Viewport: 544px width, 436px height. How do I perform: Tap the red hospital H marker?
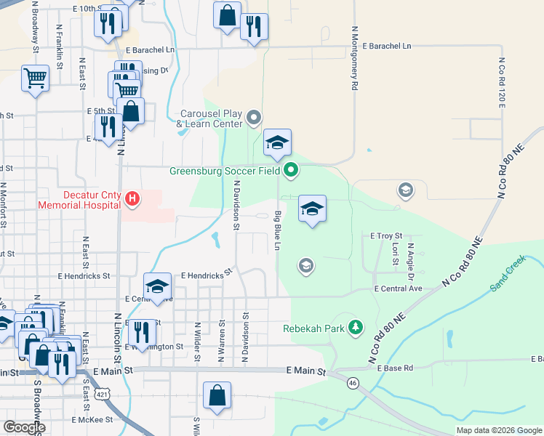pos(132,198)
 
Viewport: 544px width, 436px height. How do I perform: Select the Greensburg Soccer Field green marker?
pos(291,171)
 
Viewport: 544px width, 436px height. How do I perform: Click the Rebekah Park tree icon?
pos(356,328)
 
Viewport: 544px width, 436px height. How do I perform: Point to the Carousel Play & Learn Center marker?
pos(254,117)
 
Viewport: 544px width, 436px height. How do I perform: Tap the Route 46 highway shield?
pos(353,382)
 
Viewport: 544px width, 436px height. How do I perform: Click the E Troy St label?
pos(386,236)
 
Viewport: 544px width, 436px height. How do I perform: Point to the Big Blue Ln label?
pos(277,231)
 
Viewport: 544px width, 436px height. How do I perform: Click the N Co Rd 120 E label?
pos(501,84)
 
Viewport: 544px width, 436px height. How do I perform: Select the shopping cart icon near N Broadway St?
pos(35,77)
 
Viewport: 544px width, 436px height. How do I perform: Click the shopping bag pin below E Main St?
pos(217,396)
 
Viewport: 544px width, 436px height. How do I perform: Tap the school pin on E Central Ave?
pos(157,286)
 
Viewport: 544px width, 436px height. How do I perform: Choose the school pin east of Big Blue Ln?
pos(311,209)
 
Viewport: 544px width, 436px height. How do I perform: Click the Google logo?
pos(24,427)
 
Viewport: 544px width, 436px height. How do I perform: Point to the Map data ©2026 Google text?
pos(498,430)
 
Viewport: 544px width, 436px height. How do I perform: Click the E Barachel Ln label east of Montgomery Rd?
pos(386,46)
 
